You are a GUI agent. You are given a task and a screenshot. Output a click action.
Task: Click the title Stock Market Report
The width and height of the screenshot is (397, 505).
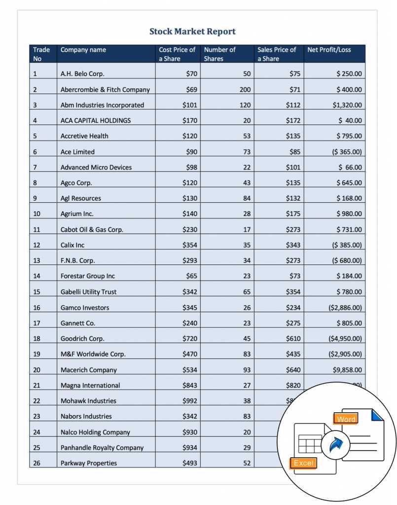point(192,32)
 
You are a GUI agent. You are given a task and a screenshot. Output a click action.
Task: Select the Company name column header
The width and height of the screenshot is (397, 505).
point(83,50)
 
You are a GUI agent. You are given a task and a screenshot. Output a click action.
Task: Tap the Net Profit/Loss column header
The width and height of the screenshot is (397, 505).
point(329,50)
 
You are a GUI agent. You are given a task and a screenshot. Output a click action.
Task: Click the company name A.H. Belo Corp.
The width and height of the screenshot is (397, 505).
point(82,74)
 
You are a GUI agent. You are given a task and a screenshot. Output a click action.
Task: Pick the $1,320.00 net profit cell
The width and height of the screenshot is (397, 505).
point(347,105)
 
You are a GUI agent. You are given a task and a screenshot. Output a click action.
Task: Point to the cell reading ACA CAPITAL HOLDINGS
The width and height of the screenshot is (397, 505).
point(96,120)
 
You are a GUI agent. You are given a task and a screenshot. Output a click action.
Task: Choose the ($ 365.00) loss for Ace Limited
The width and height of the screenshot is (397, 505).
point(346,152)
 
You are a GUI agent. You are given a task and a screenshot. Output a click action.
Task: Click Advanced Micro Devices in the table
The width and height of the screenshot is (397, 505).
point(96,167)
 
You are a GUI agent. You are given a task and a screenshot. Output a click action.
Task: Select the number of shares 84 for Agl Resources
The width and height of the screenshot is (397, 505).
point(247,198)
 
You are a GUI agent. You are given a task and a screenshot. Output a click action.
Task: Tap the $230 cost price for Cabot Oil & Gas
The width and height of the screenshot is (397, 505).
point(190,229)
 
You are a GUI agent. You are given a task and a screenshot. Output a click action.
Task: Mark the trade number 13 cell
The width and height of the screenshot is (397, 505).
point(36,260)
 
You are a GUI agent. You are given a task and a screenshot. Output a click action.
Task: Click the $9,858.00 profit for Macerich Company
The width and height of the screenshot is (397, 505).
point(347,370)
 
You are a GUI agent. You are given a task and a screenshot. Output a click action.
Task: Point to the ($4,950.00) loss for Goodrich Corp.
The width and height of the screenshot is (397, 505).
point(345,339)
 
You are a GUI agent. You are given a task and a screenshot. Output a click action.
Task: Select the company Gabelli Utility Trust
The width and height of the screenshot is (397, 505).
point(88,292)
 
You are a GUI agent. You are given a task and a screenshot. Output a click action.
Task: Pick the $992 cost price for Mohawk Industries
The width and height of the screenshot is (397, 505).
point(190,401)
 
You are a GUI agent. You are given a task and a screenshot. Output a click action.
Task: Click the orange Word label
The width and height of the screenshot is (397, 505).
point(346,419)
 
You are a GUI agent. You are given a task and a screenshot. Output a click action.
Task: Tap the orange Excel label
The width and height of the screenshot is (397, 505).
point(303,463)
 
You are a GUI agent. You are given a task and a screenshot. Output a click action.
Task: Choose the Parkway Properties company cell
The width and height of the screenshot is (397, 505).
point(89,463)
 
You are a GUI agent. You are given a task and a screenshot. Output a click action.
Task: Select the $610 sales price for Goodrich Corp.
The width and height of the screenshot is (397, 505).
point(293,339)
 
